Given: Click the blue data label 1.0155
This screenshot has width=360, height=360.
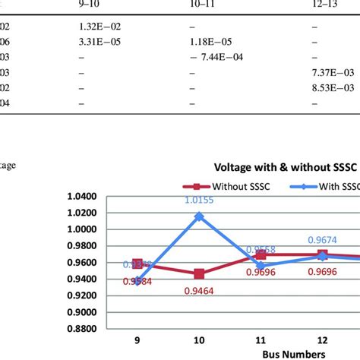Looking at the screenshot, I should click(200, 201).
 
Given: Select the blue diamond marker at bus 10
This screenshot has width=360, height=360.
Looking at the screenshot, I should click(199, 216).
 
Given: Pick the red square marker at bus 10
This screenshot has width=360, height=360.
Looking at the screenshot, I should click(199, 273).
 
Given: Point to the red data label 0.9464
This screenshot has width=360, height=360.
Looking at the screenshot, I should click(200, 289).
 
